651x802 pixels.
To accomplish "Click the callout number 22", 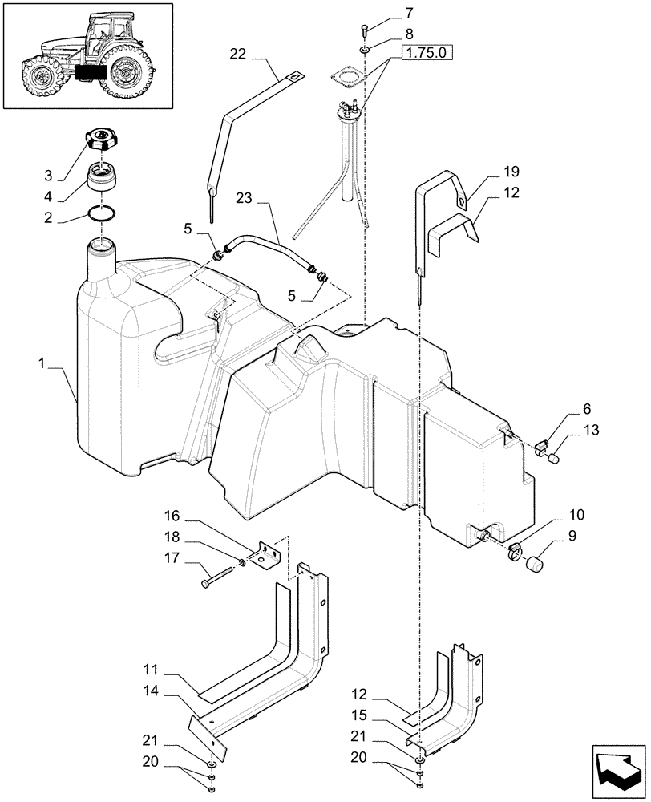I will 238,55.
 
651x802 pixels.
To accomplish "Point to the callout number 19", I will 489,171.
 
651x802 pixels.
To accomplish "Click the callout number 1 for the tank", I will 42,363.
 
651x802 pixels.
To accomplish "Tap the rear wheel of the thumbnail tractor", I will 127,71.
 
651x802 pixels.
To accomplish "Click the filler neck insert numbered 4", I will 103,174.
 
